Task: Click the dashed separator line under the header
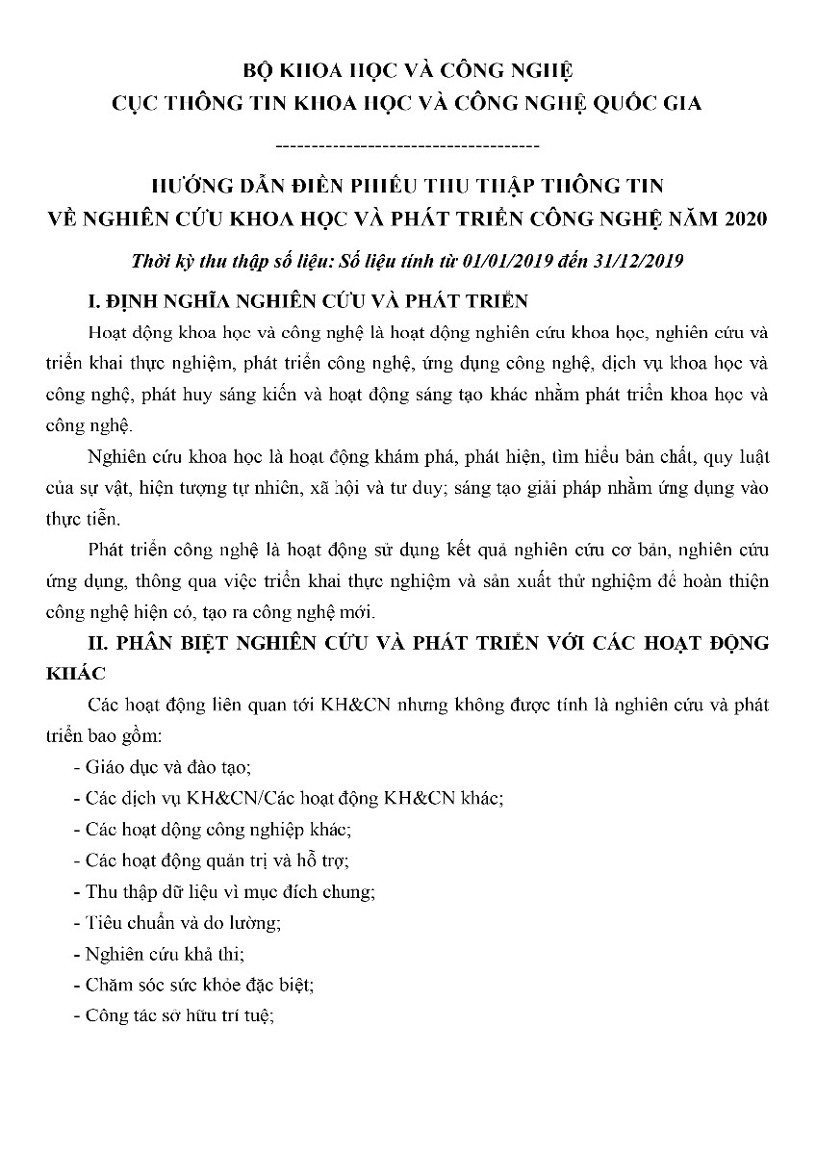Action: click(407, 146)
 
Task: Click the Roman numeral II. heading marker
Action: click(98, 643)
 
